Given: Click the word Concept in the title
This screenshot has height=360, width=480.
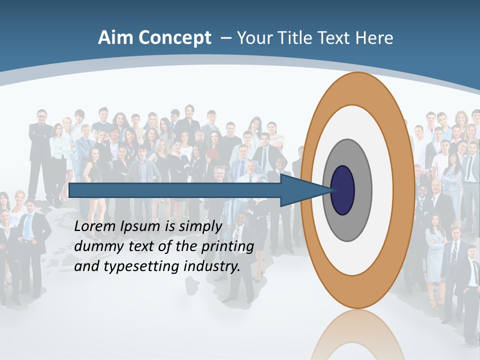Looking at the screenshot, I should click(175, 38).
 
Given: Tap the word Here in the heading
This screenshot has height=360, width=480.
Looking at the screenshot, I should click(374, 38).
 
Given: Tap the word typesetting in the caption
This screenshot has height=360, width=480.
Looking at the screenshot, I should click(141, 267).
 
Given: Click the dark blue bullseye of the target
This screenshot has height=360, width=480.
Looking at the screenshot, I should click(342, 190).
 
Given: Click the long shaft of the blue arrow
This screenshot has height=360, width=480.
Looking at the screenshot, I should click(175, 190).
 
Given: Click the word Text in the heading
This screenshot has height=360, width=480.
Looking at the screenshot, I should click(336, 38).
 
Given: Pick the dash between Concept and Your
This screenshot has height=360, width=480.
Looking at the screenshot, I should click(226, 38).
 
